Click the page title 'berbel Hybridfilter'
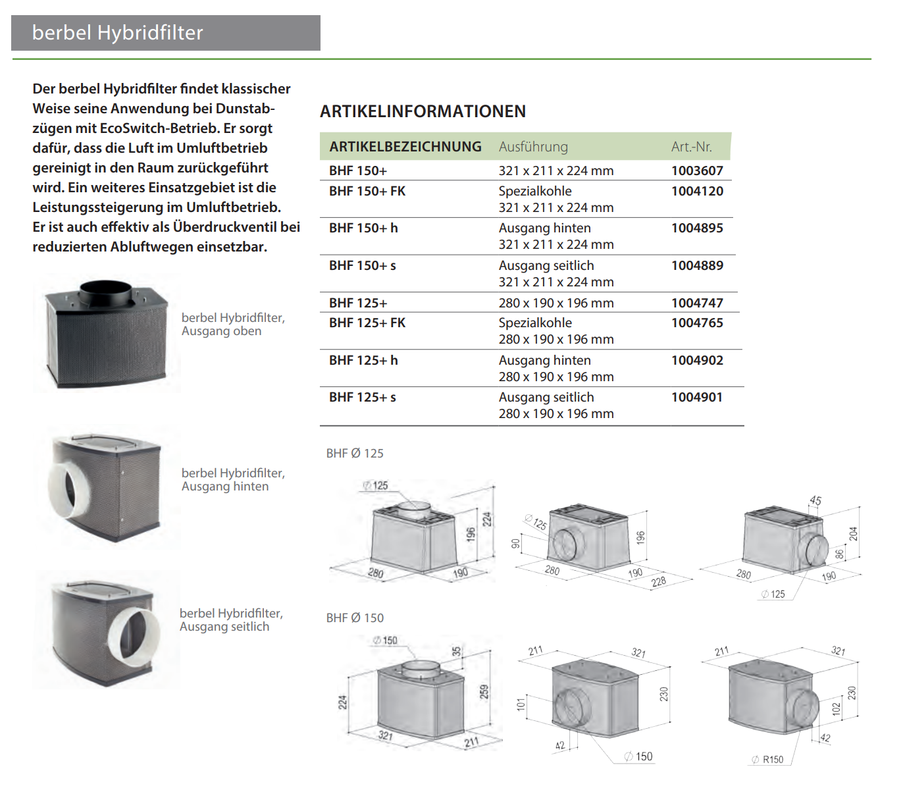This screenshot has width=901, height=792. click(x=117, y=32)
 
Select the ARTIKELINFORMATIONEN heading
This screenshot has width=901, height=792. click(x=423, y=111)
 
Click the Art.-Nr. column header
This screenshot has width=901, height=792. click(x=692, y=147)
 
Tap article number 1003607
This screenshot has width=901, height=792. click(x=698, y=171)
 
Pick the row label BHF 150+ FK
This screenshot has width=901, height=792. click(x=367, y=192)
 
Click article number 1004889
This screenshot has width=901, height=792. click(x=698, y=265)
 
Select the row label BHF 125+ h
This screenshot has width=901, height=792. click(x=363, y=360)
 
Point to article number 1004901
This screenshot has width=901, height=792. click(x=697, y=398)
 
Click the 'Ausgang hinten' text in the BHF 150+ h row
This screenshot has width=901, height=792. click(x=545, y=228)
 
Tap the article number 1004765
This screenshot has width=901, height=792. click(x=698, y=323)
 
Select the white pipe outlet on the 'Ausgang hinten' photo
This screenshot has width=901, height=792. click(x=69, y=490)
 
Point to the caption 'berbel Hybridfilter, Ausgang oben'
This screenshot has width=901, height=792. click(x=233, y=325)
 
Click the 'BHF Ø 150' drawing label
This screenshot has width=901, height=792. click(x=355, y=618)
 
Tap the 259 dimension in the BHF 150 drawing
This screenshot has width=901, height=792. click(x=484, y=692)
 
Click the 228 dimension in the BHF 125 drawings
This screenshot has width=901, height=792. click(x=659, y=581)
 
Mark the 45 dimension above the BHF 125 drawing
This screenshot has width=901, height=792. click(x=815, y=500)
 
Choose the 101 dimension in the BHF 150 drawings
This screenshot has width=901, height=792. click(x=521, y=704)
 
